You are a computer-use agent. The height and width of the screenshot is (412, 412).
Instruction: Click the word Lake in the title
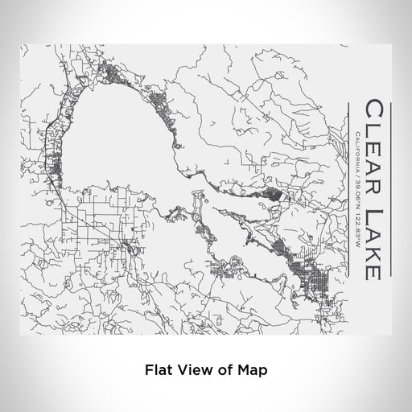pos(372,232)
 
